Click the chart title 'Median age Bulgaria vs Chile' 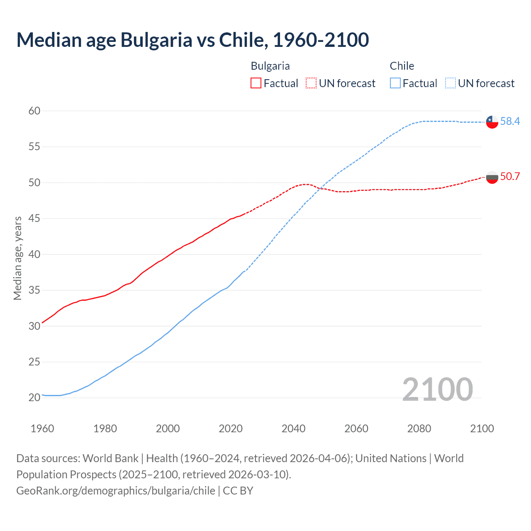click(192, 40)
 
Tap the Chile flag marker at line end click(492, 122)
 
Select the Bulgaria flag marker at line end click(492, 177)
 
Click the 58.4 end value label click(510, 121)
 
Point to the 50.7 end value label click(510, 176)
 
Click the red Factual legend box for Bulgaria click(256, 83)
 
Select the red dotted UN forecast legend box click(311, 83)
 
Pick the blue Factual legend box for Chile click(395, 83)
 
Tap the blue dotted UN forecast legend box click(451, 83)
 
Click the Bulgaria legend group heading click(270, 66)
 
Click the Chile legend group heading click(402, 66)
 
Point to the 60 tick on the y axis click(34, 111)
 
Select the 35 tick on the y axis click(34, 290)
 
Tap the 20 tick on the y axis click(34, 397)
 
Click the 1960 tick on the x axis click(42, 429)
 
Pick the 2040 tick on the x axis click(293, 429)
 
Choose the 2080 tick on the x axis click(419, 429)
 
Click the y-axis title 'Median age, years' click(17, 258)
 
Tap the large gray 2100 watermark click(437, 389)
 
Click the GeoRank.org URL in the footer click(116, 491)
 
